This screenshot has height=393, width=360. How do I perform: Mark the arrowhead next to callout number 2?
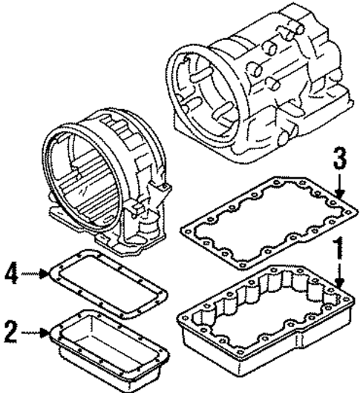coord(47,331)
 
